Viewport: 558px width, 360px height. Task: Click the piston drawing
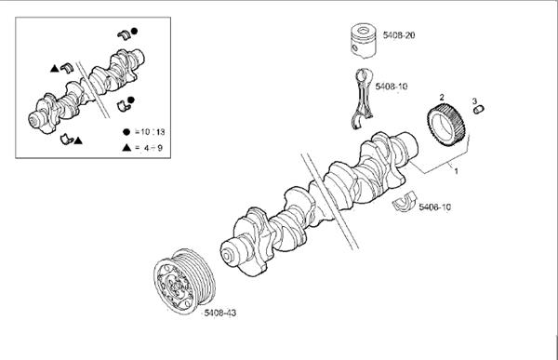point(363,40)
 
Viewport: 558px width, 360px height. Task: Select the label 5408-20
point(399,35)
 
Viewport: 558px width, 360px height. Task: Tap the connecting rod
point(363,98)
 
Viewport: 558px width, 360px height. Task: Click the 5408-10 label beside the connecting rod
point(392,87)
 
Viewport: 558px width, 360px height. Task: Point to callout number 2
point(442,97)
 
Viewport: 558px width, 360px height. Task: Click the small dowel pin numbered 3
point(479,110)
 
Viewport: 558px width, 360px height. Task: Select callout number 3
point(474,101)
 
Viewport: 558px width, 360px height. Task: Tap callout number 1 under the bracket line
point(457,171)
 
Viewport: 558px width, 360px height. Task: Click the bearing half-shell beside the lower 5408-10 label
point(405,202)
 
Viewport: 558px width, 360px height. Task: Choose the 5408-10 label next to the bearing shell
point(435,207)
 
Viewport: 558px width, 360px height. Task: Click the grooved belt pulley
point(184,281)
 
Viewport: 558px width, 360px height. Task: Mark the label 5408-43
point(219,313)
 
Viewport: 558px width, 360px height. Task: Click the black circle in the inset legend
point(126,132)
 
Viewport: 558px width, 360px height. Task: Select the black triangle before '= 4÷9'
point(126,147)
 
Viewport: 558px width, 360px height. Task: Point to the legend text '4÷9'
point(153,147)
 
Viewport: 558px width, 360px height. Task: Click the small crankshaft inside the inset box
point(86,91)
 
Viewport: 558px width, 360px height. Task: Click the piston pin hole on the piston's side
point(354,48)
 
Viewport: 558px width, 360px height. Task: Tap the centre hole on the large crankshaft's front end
point(226,257)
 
